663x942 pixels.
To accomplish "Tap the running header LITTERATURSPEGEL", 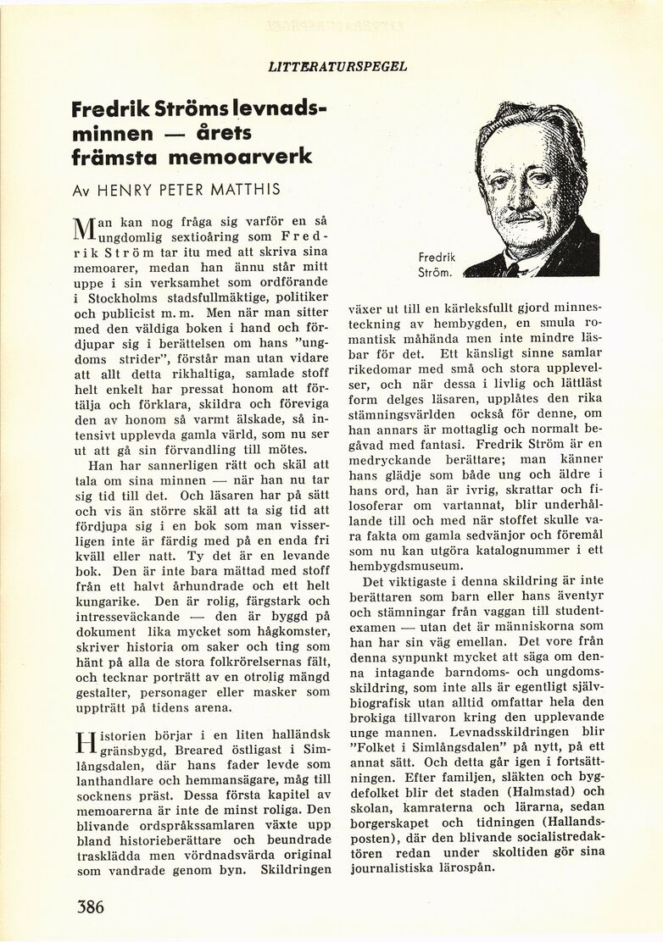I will pos(337,65).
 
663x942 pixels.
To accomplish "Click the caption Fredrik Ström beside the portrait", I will pos(437,263).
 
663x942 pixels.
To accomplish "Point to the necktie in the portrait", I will pos(511,269).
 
